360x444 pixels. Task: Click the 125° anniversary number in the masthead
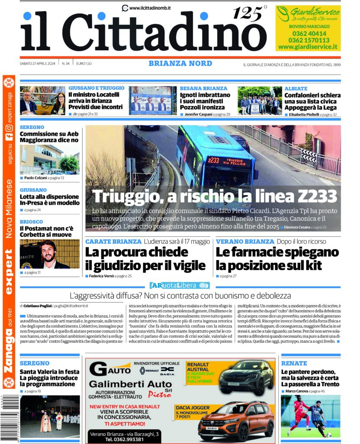pyautogui.click(x=249, y=14)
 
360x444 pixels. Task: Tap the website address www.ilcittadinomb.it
pyautogui.click(x=149, y=7)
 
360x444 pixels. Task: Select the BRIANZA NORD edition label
pyautogui.click(x=180, y=64)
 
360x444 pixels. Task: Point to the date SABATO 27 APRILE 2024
pyautogui.click(x=38, y=64)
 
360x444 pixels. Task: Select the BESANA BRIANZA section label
pyautogui.click(x=203, y=88)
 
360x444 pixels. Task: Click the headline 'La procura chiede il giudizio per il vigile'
pyautogui.click(x=145, y=258)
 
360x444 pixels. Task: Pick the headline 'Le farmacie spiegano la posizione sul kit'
pyautogui.click(x=277, y=258)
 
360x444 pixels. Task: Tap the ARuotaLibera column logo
pyautogui.click(x=180, y=285)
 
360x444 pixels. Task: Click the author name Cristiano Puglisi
pyautogui.click(x=40, y=306)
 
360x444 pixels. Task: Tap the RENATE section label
pyautogui.click(x=294, y=363)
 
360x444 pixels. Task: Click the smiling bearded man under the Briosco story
pyautogui.click(x=49, y=255)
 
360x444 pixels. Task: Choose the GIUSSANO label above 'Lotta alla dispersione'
pyautogui.click(x=33, y=190)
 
